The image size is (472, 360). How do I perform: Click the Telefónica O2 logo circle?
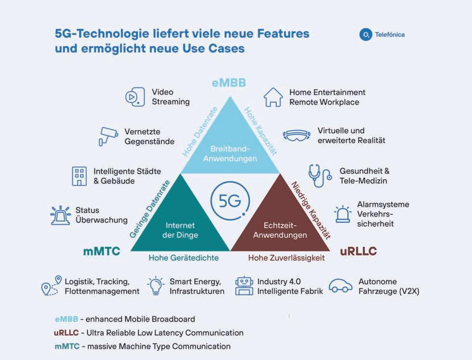point(365,35)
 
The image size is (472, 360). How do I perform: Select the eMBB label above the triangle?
point(229,82)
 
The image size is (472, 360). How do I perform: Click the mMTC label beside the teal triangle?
point(101,251)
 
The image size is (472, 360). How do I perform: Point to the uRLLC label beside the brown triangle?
point(358,251)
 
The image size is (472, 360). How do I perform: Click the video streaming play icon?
point(135,97)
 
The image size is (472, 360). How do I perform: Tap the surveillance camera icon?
point(108,135)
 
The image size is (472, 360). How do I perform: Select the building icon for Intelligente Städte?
point(79,176)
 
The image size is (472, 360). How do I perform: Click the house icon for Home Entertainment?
point(273,97)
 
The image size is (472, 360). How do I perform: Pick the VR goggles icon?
point(297,136)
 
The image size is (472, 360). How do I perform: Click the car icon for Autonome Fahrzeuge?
point(340,286)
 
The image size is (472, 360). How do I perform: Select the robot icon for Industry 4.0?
point(243,286)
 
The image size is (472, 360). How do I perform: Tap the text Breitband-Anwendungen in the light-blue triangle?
point(229,153)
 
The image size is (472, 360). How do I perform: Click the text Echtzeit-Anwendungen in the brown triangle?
point(280,230)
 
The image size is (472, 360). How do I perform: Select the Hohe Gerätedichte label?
point(184,258)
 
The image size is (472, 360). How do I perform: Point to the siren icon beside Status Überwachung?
point(60,215)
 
